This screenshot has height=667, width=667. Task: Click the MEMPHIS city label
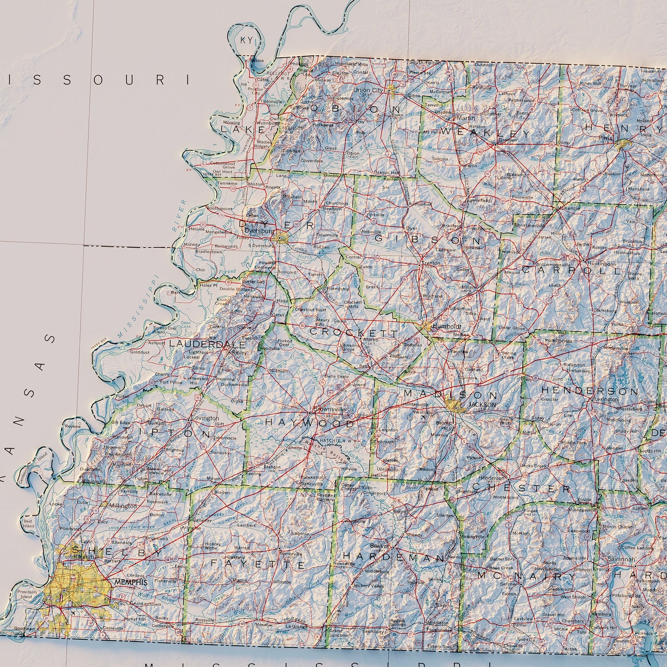pos(131,583)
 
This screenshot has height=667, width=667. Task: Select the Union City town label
pos(368,90)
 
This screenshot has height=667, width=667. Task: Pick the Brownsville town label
pos(329,409)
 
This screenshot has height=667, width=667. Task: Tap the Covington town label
pos(205,418)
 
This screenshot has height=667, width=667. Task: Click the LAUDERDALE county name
pos(207,344)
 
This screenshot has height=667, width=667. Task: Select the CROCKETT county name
pos(353,332)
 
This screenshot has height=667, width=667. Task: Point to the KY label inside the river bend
pos(246,40)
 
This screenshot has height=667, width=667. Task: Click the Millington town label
pos(123,506)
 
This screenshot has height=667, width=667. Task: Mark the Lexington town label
pos(606,399)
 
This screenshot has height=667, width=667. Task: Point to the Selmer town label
pos(510,584)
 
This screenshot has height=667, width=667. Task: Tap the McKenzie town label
pos(568,208)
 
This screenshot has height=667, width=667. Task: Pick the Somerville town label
pos(291,554)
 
